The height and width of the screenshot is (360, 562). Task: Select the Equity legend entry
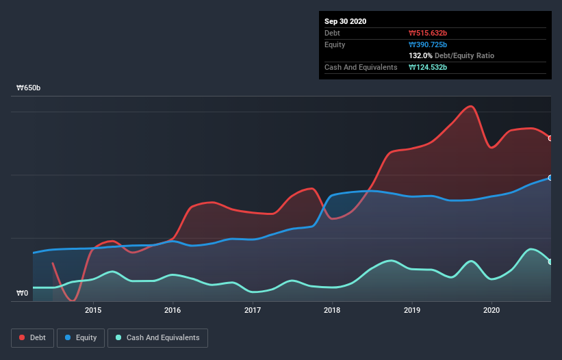pyautogui.click(x=81, y=337)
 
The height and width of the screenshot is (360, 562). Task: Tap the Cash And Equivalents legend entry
pyautogui.click(x=157, y=337)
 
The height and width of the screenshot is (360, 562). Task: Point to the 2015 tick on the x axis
pyautogui.click(x=93, y=310)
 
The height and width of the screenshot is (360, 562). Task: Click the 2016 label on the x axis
pyautogui.click(x=173, y=310)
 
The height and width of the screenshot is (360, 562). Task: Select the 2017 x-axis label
pyautogui.click(x=253, y=310)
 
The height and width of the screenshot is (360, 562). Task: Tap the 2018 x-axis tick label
pyautogui.click(x=332, y=310)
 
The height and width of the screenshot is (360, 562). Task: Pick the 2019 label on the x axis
pyautogui.click(x=412, y=310)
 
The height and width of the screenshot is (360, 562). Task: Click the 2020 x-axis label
pyautogui.click(x=491, y=310)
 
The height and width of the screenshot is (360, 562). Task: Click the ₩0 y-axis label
pyautogui.click(x=23, y=293)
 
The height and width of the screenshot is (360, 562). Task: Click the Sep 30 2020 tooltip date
pyautogui.click(x=346, y=21)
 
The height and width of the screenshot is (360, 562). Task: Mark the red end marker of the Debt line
pyautogui.click(x=550, y=138)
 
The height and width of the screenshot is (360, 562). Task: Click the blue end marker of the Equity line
pyautogui.click(x=550, y=178)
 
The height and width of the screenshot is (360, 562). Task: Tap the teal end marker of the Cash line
pyautogui.click(x=550, y=261)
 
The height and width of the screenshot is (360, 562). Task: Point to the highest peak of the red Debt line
pyautogui.click(x=470, y=106)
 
